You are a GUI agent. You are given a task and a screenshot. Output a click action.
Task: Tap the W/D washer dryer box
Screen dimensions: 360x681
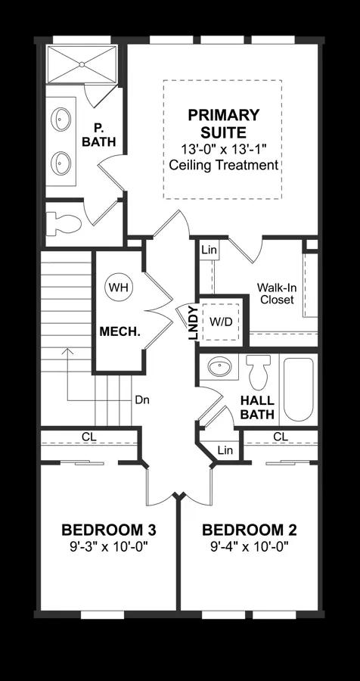pos(221,322)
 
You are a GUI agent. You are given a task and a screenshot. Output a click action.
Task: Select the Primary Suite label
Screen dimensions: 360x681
pos(224,124)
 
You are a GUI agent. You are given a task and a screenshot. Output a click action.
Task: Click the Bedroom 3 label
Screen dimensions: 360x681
pos(109,530)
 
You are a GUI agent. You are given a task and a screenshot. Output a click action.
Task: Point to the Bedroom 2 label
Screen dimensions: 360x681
pos(250,530)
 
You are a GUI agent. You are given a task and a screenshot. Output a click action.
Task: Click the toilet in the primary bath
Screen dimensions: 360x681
pos(64,224)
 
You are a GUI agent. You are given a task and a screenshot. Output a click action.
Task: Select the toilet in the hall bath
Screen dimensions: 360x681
pos(259,372)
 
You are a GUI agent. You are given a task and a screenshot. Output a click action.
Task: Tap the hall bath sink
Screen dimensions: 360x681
pos(220,367)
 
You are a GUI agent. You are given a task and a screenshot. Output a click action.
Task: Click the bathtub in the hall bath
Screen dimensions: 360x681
pos(298,389)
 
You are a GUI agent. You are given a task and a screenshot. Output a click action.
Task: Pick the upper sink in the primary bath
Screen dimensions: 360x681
pos(61,119)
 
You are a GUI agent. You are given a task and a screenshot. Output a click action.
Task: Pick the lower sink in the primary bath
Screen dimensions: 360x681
pos(61,163)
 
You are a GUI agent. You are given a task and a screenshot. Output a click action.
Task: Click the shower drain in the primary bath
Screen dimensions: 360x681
pos(82,65)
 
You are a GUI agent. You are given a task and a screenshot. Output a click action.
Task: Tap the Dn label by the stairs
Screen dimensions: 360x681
pos(142,400)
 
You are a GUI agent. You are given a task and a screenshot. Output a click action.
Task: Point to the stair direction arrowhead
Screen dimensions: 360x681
pos(67,350)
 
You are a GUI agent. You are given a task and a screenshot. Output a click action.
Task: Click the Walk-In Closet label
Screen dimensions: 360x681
pos(275,293)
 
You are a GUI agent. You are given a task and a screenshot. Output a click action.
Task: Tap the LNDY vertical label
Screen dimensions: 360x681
pos(194,323)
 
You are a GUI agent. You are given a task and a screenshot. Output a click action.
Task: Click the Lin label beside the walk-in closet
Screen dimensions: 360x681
pos(209,250)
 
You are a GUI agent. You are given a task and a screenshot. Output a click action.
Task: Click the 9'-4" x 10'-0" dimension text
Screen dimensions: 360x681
pos(250,546)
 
